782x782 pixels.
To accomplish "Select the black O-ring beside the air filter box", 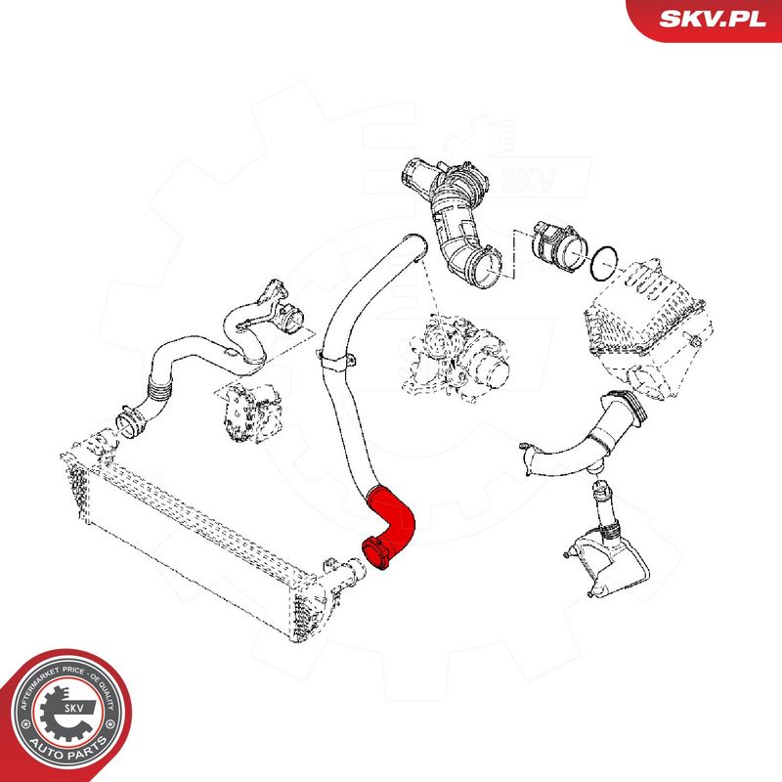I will pyautogui.click(x=606, y=261).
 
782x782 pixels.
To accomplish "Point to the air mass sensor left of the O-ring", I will pyautogui.click(x=553, y=244).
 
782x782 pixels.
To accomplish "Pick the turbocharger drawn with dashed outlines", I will pyautogui.click(x=459, y=353).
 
